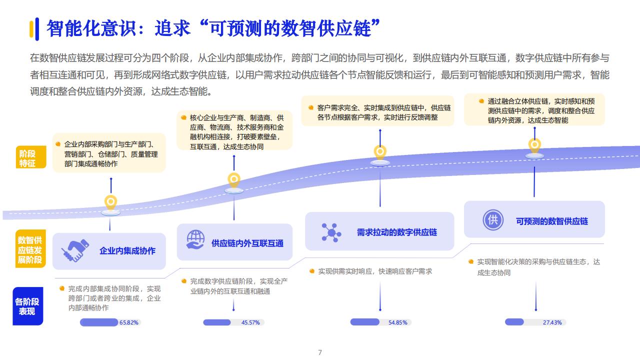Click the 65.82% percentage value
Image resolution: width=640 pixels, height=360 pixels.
pos(129,322)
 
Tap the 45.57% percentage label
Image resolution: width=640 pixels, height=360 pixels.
pos(250,322)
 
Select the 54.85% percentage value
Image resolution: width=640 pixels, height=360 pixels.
pos(397,322)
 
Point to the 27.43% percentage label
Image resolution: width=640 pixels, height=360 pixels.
pos(552,322)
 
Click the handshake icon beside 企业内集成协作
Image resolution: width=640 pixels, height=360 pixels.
pos(75,251)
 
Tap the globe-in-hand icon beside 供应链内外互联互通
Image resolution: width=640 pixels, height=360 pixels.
pos(195,239)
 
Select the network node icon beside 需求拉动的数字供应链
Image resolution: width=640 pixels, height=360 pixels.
pos(331,233)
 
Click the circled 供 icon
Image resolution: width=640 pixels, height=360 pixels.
pos(493,219)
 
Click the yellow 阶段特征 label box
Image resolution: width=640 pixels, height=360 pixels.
pos(31,157)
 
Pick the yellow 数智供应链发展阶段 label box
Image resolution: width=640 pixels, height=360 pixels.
pos(30,249)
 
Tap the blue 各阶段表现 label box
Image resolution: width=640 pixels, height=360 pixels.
pos(27,306)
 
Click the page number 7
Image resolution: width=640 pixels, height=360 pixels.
pos(320,352)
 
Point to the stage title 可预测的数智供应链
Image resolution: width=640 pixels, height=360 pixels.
pos(552,221)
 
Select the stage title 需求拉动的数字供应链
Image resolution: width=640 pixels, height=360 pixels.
pos(397,232)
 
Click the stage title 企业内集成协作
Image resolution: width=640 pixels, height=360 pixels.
pos(127,251)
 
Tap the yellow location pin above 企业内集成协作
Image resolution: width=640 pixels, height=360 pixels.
pos(110,203)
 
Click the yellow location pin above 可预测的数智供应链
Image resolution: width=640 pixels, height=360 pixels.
pos(534,146)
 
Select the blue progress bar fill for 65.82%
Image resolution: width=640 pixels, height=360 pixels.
pos(99,322)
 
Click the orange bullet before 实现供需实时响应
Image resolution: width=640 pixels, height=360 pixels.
pos(312,271)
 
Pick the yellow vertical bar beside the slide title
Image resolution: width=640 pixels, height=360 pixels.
pos(31,29)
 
